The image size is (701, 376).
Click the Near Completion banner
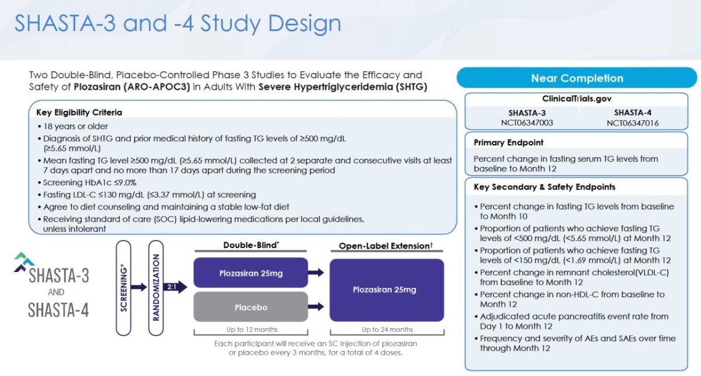(x=577, y=78)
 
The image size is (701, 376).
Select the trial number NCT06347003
(x=527, y=123)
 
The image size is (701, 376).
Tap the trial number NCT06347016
(x=633, y=123)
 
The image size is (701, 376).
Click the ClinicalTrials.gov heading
(x=577, y=99)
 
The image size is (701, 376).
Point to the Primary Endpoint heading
(x=509, y=142)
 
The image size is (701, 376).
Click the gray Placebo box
(x=251, y=307)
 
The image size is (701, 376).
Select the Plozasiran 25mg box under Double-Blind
(x=251, y=273)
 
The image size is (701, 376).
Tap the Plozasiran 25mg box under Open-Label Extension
(x=387, y=290)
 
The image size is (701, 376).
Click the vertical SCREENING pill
(x=124, y=288)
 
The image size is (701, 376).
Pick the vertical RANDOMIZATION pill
(x=156, y=288)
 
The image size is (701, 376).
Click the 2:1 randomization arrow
(x=175, y=287)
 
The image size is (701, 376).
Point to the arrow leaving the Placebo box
(x=316, y=307)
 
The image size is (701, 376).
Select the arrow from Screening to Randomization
(x=139, y=287)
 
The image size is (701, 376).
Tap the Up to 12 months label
(x=252, y=329)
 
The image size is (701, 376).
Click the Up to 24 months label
(x=387, y=329)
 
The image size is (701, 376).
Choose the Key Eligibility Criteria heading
(x=79, y=112)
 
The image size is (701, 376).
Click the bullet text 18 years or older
(x=75, y=126)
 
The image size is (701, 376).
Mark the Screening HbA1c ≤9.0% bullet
(x=89, y=182)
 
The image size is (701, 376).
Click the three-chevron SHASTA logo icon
(x=24, y=262)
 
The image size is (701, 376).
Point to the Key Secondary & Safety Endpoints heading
(x=544, y=187)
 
